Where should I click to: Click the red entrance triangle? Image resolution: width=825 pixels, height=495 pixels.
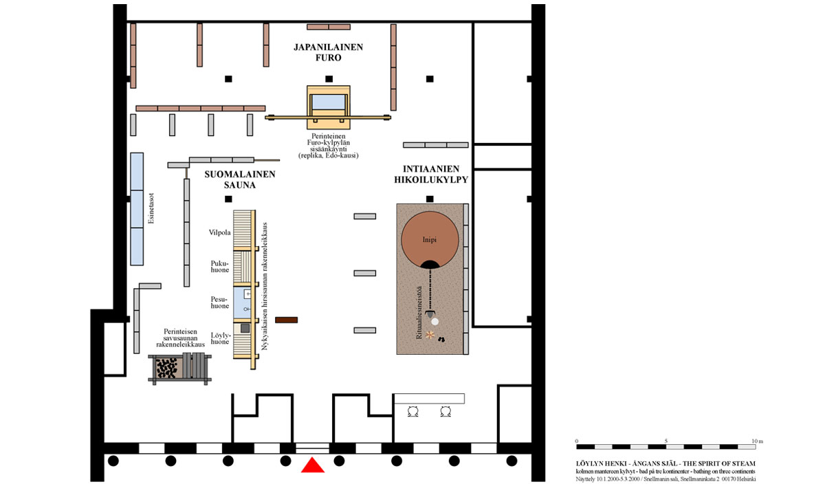click(x=313, y=466)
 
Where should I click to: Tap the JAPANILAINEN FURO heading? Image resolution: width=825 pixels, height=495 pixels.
click(x=328, y=52)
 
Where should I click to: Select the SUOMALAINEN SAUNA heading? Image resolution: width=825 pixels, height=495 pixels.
click(x=240, y=179)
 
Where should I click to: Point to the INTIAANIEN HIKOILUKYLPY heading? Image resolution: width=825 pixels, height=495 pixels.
click(x=431, y=174)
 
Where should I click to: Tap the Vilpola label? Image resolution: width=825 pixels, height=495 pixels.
click(x=219, y=232)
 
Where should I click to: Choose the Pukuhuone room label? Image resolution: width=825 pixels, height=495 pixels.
click(x=220, y=267)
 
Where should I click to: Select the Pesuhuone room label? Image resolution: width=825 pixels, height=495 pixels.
click(x=220, y=302)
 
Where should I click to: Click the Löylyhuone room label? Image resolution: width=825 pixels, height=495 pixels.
click(x=220, y=338)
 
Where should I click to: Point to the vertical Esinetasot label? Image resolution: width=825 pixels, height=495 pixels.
click(x=151, y=208)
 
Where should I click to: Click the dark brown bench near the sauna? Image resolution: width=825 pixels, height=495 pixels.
click(x=286, y=320)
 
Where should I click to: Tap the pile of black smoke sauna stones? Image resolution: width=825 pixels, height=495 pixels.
click(x=166, y=368)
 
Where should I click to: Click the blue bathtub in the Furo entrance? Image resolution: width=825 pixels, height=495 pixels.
click(x=329, y=102)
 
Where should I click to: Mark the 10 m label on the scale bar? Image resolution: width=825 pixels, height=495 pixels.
click(x=757, y=441)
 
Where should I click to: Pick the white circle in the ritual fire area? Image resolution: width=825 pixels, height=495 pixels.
click(x=435, y=322)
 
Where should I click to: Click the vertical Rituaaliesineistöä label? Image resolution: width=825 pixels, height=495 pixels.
click(x=419, y=312)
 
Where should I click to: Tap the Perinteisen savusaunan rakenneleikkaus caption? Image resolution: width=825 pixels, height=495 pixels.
click(x=180, y=338)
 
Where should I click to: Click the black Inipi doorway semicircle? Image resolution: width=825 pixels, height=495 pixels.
click(x=430, y=265)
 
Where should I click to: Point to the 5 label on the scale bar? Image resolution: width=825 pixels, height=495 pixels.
click(x=666, y=441)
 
